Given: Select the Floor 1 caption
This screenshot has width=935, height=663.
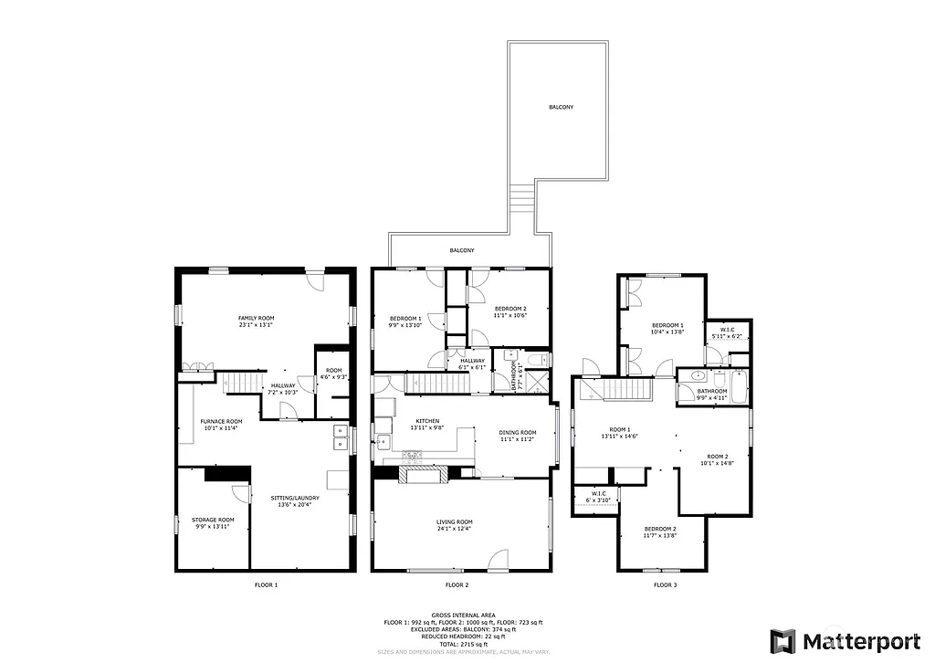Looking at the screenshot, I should click(266, 584).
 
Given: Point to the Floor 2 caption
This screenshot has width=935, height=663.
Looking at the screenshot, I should click(457, 584).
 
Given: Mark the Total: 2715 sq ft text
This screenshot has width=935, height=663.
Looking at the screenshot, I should click(462, 645).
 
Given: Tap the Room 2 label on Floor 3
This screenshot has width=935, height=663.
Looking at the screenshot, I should click(718, 459).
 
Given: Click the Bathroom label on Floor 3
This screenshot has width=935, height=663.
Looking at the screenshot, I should click(711, 394).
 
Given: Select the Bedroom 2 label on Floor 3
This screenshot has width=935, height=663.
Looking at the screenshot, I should click(660, 532).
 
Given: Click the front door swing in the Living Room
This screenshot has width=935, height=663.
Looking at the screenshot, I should click(499, 559).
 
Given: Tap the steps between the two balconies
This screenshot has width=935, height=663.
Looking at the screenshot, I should click(520, 195).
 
